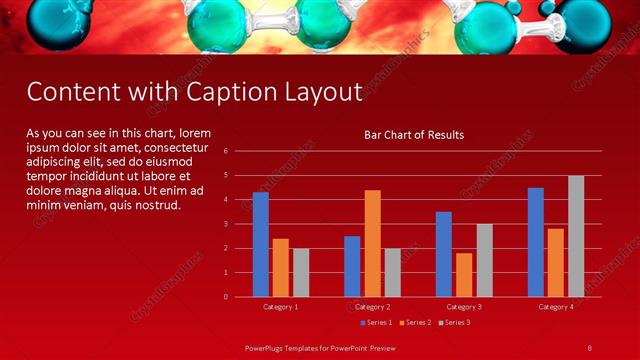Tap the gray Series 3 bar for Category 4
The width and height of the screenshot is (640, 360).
pyautogui.click(x=576, y=236)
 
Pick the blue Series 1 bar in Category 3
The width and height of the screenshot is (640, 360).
pyautogui.click(x=444, y=254)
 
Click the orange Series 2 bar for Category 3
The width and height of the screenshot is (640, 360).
pyautogui.click(x=464, y=275)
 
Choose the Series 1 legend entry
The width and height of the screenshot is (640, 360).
pyautogui.click(x=375, y=322)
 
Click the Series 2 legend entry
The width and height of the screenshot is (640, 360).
pyautogui.click(x=415, y=322)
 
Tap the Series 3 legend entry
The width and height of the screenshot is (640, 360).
pyautogui.click(x=455, y=322)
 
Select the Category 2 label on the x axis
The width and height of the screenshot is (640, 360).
pyautogui.click(x=372, y=306)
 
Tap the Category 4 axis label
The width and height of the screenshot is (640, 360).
pyautogui.click(x=556, y=306)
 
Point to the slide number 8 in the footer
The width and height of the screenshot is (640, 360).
pyautogui.click(x=589, y=347)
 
